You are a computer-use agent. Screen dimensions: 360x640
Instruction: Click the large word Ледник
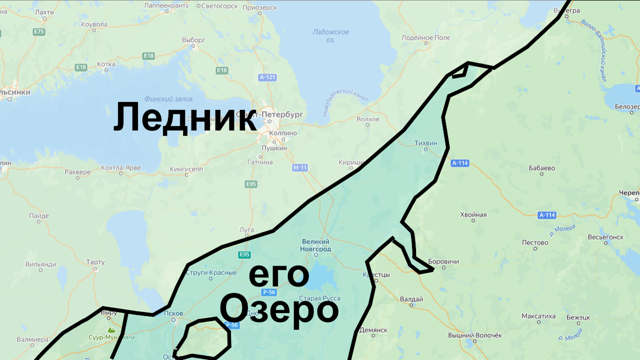tap(184, 118)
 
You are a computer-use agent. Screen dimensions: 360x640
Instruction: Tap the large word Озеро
tap(279, 309)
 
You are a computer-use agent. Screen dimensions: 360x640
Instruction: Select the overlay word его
tap(279, 276)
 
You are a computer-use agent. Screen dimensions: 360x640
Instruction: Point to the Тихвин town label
tap(426, 143)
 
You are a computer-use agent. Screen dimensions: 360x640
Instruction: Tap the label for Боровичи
tap(443, 262)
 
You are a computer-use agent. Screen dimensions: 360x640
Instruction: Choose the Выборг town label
tap(193, 40)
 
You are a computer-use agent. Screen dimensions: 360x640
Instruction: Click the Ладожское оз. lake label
tap(331, 36)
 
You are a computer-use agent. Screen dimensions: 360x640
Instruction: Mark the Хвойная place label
tap(473, 215)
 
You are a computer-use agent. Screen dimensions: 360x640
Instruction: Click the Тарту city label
tap(95, 262)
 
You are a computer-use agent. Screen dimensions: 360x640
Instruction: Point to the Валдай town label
tap(411, 299)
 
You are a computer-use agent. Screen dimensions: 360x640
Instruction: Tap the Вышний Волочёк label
tap(475, 335)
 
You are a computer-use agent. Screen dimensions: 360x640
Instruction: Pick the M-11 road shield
tap(300, 168)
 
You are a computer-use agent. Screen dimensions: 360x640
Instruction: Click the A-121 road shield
tap(267, 78)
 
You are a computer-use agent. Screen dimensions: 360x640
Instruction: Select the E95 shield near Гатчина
tap(251, 184)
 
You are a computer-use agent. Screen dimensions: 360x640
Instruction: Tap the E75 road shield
tap(38, 32)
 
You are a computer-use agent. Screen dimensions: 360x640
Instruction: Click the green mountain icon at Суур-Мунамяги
tap(110, 330)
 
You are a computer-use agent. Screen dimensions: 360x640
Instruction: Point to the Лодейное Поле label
tap(426, 38)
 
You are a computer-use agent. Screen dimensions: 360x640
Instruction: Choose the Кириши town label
tap(351, 162)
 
